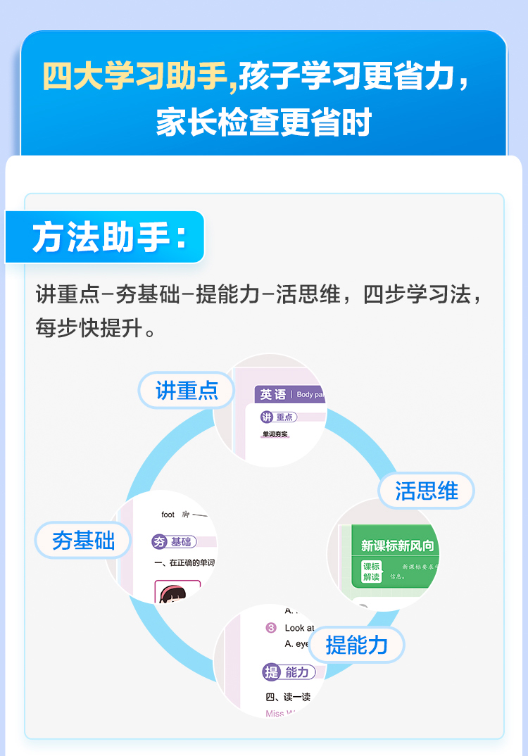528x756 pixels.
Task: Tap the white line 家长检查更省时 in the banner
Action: pyautogui.click(x=263, y=122)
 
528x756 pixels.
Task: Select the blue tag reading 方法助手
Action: pyautogui.click(x=106, y=237)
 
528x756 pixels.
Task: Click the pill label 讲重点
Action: pyautogui.click(x=187, y=390)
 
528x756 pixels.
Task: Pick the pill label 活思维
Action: pyautogui.click(x=426, y=491)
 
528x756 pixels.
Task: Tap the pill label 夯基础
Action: pyautogui.click(x=83, y=540)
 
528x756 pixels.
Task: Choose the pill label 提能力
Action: pyautogui.click(x=356, y=645)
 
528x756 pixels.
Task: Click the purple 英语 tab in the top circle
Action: pyautogui.click(x=272, y=394)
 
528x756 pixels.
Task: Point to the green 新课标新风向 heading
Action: pyautogui.click(x=397, y=546)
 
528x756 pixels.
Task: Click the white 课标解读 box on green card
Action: pyautogui.click(x=371, y=572)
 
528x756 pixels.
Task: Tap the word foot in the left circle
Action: pyautogui.click(x=168, y=515)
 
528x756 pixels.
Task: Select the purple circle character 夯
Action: pyautogui.click(x=159, y=541)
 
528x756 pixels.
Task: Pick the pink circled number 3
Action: pyautogui.click(x=271, y=628)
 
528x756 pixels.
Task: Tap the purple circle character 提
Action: pyautogui.click(x=272, y=672)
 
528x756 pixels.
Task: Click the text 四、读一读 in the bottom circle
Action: pyautogui.click(x=288, y=697)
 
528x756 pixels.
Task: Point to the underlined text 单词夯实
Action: pyautogui.click(x=275, y=434)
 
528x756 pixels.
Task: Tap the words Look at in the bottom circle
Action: pyautogui.click(x=299, y=628)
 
